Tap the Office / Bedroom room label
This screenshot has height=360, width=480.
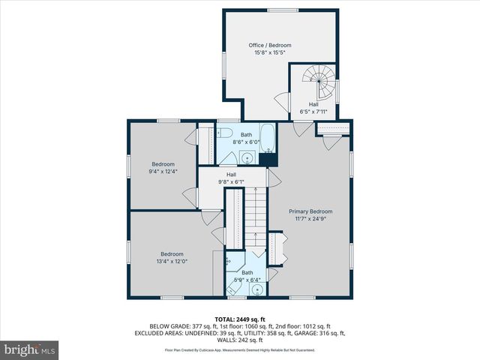coord(270,45)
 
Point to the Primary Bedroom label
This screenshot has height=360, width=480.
coord(310,211)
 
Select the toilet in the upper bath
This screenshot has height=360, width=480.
coord(224,133)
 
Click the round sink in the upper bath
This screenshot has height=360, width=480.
coord(247,157)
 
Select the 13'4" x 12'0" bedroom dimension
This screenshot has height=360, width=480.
coord(172,262)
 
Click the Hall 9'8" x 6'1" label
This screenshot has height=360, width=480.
coord(232,178)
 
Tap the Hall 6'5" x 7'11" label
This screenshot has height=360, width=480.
coord(313,108)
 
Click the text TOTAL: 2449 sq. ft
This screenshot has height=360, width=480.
coord(240,319)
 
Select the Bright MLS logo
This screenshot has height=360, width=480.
coord(29,349)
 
